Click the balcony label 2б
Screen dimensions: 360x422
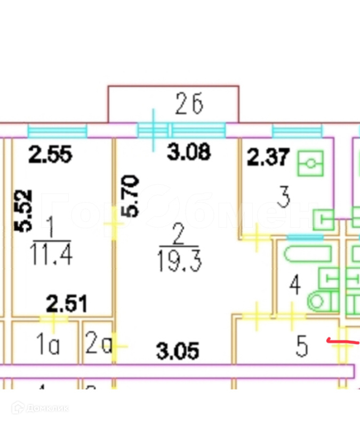pos(189,106)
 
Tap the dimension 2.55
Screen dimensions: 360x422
pos(50,156)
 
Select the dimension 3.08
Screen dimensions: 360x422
pos(189,153)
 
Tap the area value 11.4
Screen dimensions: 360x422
pos(51,256)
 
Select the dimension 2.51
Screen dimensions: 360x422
pos(66,305)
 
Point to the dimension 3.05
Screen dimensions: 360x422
pos(177,351)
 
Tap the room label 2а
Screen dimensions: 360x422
pos(98,346)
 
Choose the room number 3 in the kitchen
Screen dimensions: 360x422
pos(284,198)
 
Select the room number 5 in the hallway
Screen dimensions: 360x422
pos(302,347)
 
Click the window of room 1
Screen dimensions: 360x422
pos(57,131)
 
